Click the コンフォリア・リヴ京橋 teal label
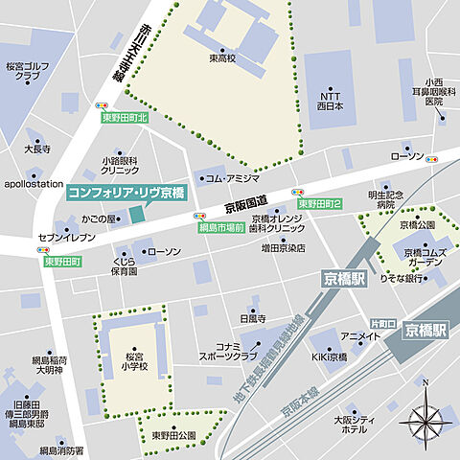click(126, 192)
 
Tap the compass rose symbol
click(425, 419)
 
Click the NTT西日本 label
click(330, 101)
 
